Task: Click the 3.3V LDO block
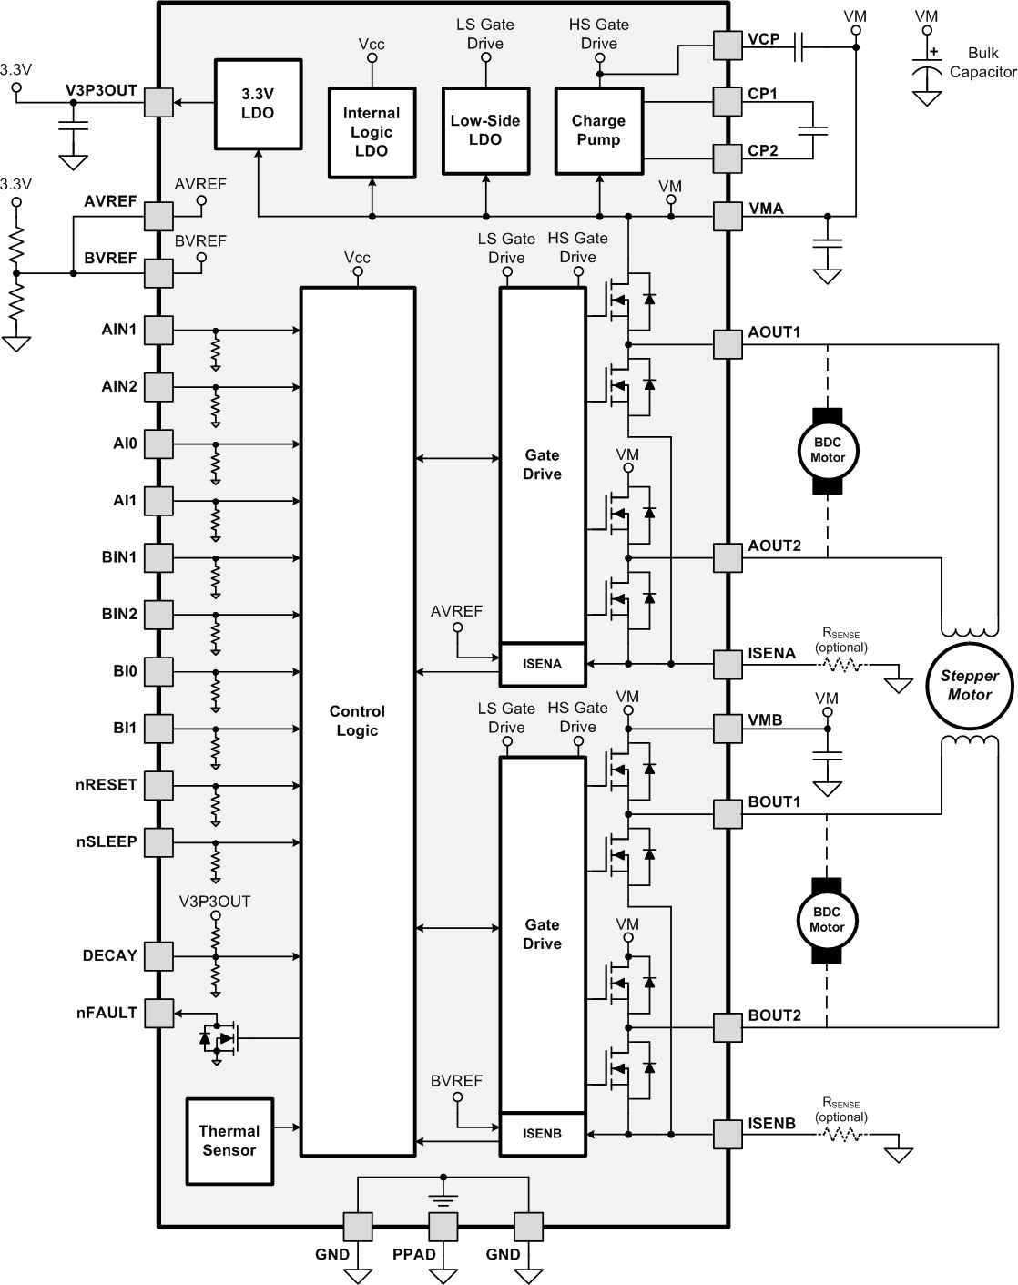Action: point(258,104)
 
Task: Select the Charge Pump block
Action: point(598,130)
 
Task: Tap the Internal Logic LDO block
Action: point(372,131)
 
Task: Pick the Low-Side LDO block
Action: point(485,130)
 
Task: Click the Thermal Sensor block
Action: point(229,1141)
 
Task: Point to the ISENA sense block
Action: point(543,664)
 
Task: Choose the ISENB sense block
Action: point(543,1134)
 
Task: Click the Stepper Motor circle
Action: point(970,685)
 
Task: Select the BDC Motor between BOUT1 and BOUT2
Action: point(828,920)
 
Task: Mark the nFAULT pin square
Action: point(159,1013)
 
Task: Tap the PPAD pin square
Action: point(443,1226)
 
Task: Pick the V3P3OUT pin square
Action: point(159,102)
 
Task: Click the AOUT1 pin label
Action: point(774,332)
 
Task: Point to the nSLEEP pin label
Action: point(107,841)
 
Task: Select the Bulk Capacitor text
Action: point(982,62)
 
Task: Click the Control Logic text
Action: point(357,720)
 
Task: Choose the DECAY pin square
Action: point(159,956)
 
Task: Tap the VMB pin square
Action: point(728,729)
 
